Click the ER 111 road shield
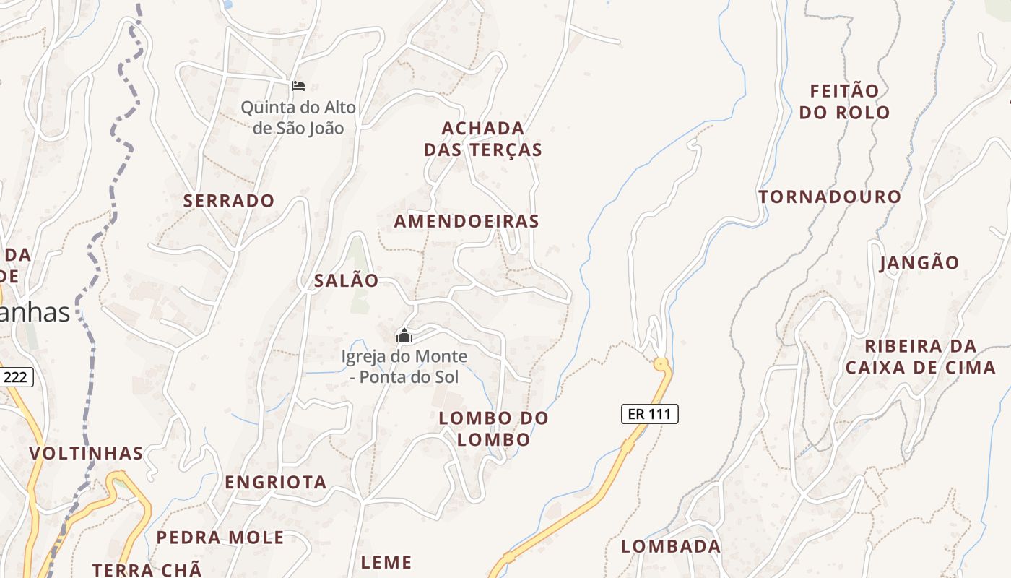(649, 414)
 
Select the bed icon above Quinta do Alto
(298, 86)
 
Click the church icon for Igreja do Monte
(404, 335)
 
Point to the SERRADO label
(229, 201)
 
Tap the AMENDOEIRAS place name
(467, 221)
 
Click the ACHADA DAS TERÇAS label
(482, 139)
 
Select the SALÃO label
(346, 281)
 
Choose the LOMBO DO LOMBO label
(494, 428)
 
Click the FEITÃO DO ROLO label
(844, 102)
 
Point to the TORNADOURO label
(830, 197)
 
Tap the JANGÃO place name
(919, 263)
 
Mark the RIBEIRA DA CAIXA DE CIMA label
(920, 357)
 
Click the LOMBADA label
(671, 546)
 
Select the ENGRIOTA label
(276, 482)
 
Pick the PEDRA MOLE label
(220, 538)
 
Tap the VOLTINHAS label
(86, 454)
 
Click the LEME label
(386, 562)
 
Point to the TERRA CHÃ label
(147, 569)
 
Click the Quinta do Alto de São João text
(298, 118)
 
